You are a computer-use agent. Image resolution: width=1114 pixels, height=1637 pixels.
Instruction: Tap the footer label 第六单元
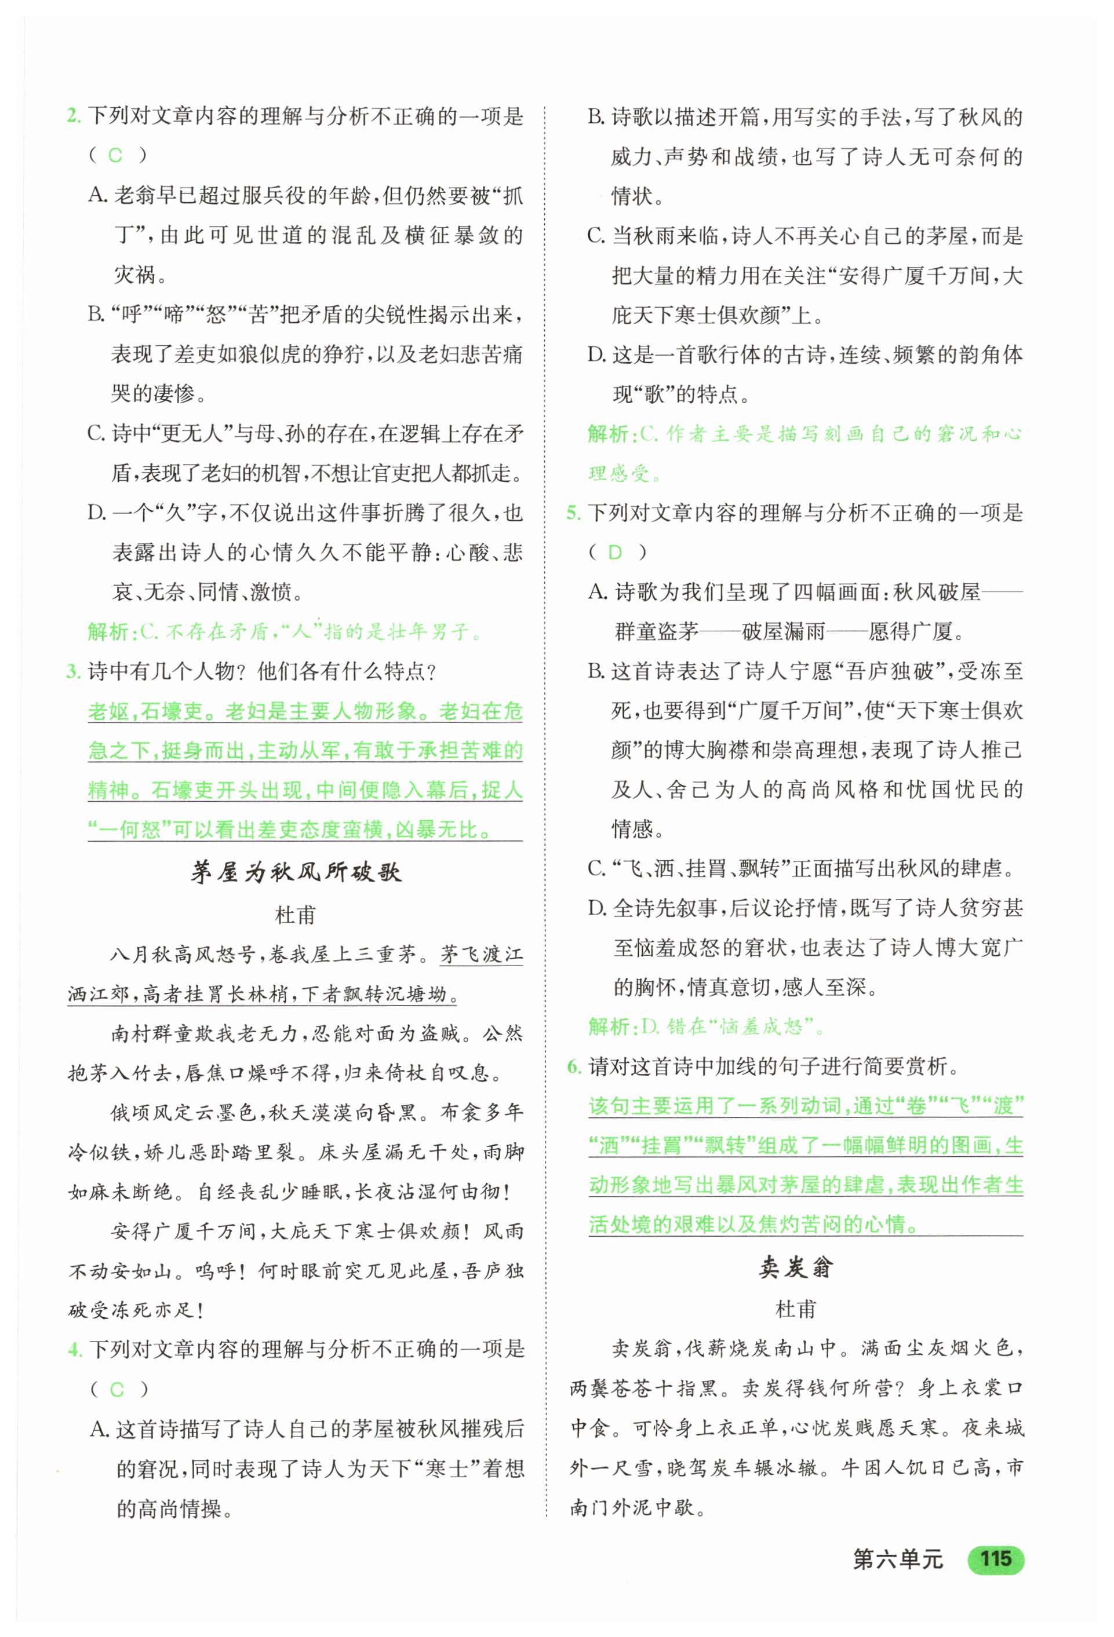coord(897,1559)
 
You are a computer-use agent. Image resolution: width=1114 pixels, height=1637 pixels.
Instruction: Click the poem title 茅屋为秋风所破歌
coord(296,872)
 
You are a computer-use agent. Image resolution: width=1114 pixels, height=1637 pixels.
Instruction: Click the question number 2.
coord(73,115)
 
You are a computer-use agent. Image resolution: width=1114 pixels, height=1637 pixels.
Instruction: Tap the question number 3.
coord(73,671)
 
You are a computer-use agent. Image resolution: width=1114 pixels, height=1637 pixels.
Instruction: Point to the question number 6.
coord(574,1066)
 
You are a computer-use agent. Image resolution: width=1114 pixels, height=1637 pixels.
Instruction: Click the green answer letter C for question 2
coord(115,156)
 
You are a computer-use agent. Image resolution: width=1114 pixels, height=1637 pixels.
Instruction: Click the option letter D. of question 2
coord(97,513)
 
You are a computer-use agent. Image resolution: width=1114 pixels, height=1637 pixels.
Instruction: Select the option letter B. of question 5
coord(597,671)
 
